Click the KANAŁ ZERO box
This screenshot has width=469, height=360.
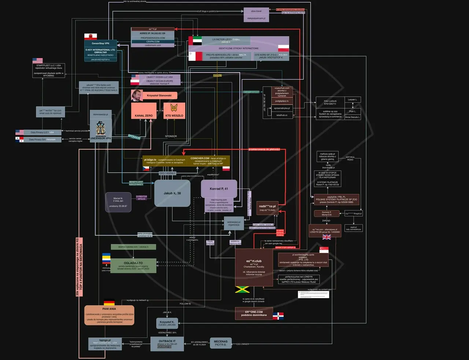tap(144, 111)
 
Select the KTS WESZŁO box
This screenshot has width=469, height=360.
tap(174, 111)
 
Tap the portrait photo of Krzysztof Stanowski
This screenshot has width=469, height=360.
tap(137, 95)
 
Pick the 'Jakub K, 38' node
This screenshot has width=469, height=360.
tap(172, 193)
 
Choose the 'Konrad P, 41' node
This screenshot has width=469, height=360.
tap(219, 189)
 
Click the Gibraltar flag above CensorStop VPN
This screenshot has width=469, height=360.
tap(91, 37)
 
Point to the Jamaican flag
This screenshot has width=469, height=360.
tap(242, 290)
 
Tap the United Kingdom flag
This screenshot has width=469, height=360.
tap(326, 237)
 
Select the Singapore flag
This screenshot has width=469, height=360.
tap(324, 250)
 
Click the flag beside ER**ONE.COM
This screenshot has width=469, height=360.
tap(278, 316)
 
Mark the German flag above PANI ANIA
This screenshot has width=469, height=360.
tap(109, 303)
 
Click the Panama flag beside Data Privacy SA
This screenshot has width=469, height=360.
tap(19, 139)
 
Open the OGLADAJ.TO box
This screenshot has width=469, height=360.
tap(133, 266)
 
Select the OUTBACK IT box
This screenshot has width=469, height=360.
tap(167, 344)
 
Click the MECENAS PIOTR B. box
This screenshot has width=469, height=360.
tap(221, 343)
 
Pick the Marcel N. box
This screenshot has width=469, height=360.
tap(118, 202)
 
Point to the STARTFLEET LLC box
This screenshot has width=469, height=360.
tap(48, 70)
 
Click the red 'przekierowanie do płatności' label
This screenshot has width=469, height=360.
tap(264, 149)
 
